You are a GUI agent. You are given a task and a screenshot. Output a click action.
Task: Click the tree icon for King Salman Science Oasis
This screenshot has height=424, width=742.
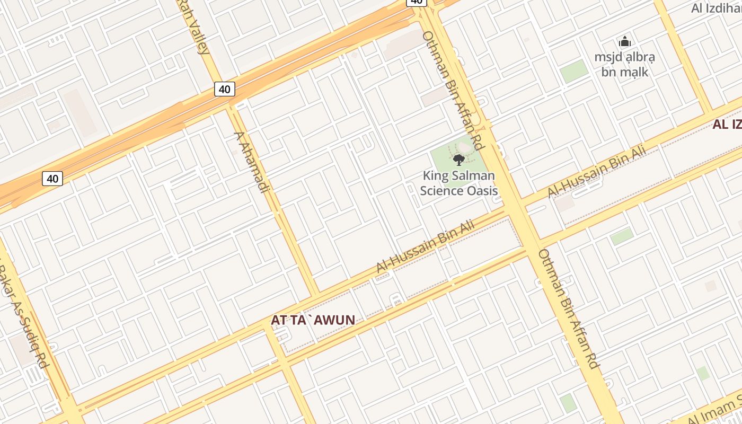point(459,159)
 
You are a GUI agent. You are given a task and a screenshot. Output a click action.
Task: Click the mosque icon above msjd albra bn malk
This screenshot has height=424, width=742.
point(625,41)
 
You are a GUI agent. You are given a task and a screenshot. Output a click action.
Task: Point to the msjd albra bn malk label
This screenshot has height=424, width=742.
point(625,64)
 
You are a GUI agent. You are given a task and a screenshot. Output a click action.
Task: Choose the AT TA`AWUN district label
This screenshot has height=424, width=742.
point(313,320)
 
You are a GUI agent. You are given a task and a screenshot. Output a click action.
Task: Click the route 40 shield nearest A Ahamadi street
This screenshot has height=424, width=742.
point(224,89)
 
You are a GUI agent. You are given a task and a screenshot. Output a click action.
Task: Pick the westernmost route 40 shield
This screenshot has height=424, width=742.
point(52,179)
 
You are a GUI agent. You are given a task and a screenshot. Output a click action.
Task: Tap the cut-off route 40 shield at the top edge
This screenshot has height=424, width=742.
point(417,2)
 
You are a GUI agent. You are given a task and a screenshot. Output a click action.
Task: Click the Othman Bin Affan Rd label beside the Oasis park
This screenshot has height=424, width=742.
point(453,90)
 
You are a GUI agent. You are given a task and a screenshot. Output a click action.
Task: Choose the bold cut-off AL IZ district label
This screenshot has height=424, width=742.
point(727,125)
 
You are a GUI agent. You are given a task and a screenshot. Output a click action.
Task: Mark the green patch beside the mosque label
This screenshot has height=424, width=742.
point(575,72)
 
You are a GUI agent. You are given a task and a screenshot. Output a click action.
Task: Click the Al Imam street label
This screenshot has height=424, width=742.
point(710,411)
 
